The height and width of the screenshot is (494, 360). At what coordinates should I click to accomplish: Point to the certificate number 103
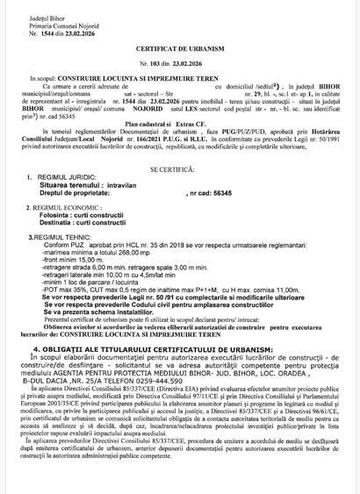coord(167,77)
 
